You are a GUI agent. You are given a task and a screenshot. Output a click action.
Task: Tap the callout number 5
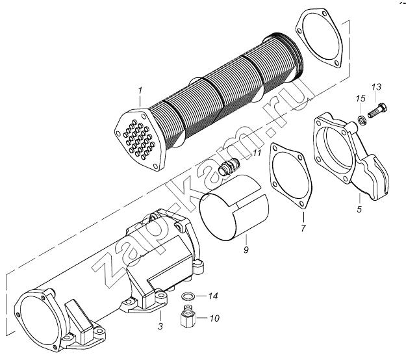359,211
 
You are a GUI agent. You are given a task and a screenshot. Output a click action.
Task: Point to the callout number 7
302,228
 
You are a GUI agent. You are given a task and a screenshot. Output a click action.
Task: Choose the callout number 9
247,249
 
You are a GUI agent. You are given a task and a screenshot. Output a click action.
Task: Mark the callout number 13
376,87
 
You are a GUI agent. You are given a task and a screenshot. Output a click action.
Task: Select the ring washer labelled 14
188,297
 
